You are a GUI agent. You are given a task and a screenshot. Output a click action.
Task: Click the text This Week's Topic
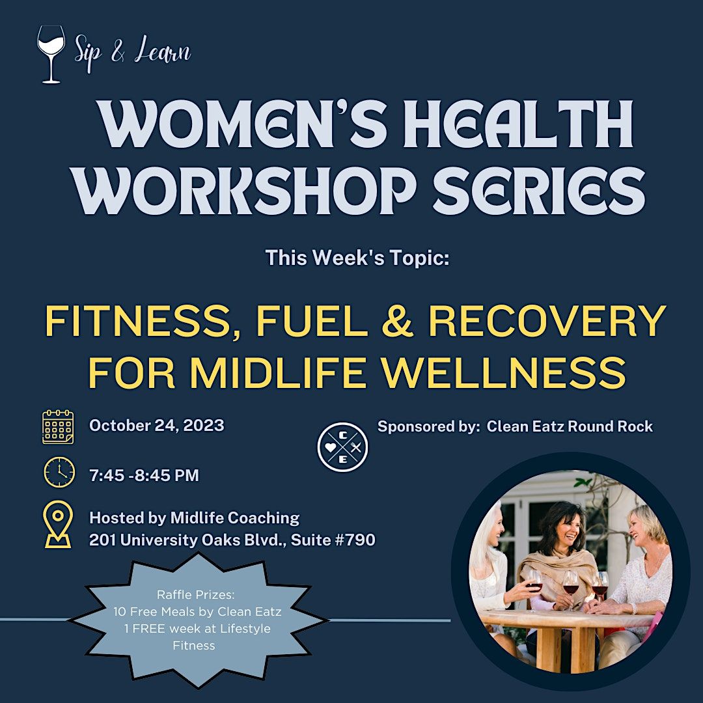click(x=357, y=258)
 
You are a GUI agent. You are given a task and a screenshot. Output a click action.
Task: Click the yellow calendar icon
click(x=58, y=427)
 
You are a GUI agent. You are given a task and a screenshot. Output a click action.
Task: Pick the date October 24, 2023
click(x=156, y=426)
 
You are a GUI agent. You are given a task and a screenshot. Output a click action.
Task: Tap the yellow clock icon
click(x=59, y=473)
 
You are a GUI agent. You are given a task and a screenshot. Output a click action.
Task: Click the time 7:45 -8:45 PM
click(x=144, y=475)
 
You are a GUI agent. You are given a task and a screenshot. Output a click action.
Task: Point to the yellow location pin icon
click(x=57, y=524)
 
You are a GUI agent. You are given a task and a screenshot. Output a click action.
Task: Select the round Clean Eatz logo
click(x=342, y=447)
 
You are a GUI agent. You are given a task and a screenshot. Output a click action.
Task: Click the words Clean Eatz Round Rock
click(x=570, y=426)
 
